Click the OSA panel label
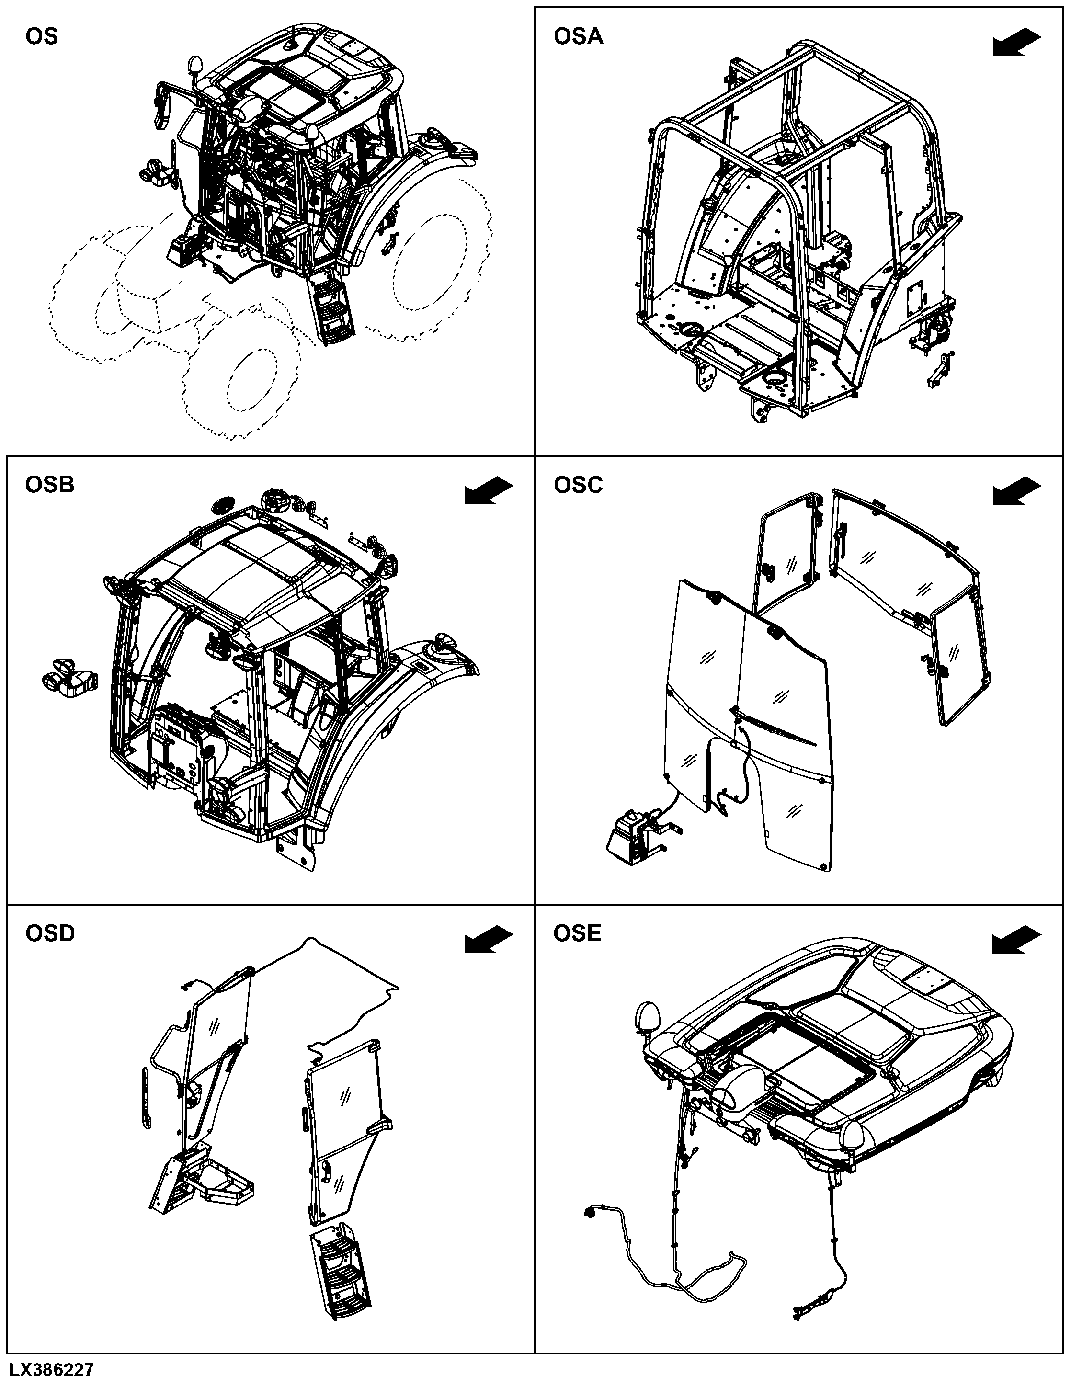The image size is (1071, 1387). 578,37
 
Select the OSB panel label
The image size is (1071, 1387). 49,485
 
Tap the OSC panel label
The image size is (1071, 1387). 578,485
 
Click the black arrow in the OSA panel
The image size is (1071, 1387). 1016,43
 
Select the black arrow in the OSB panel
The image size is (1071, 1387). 489,491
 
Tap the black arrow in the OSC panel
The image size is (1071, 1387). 1016,491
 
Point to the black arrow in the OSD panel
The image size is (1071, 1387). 489,940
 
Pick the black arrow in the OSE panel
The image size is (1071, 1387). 1016,940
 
